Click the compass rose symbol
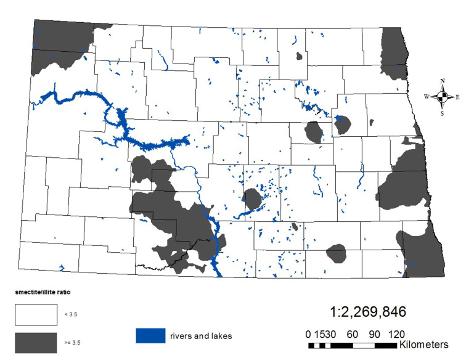click(443, 97)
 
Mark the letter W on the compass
click(427, 97)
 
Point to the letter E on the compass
click(458, 97)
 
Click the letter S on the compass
click(443, 113)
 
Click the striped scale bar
click(354, 343)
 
